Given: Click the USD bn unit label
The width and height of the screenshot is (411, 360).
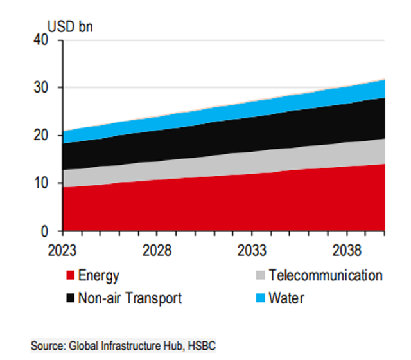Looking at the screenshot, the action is tap(70, 27).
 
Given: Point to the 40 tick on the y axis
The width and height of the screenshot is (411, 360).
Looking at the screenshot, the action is tap(41, 40).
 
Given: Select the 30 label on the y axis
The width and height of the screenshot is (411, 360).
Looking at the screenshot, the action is tap(41, 87).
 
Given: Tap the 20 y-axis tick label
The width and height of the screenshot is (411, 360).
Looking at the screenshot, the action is tap(41, 135).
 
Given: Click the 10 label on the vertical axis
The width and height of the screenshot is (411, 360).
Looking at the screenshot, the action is tap(41, 183).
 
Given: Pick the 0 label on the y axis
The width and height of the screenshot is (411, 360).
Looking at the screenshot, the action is tap(44, 231).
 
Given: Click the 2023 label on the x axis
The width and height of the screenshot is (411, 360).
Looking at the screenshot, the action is tap(62, 250).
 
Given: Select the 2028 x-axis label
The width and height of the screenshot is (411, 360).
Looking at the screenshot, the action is tap(157, 250).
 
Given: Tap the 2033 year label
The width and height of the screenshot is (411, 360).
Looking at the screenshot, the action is tap(252, 250).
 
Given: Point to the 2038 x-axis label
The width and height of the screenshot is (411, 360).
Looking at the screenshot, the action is tap(347, 250).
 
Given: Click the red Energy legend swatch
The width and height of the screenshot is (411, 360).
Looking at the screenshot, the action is tap(70, 275).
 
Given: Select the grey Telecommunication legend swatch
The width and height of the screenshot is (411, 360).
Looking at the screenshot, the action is tap(261, 275).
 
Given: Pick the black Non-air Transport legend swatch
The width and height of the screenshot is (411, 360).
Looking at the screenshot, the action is tap(70, 298).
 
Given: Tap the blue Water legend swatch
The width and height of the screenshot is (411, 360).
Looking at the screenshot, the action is tap(261, 298).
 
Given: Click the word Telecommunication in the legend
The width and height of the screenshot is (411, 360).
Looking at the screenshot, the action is tap(326, 275).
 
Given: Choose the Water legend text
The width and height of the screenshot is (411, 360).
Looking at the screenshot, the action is tap(286, 298).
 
